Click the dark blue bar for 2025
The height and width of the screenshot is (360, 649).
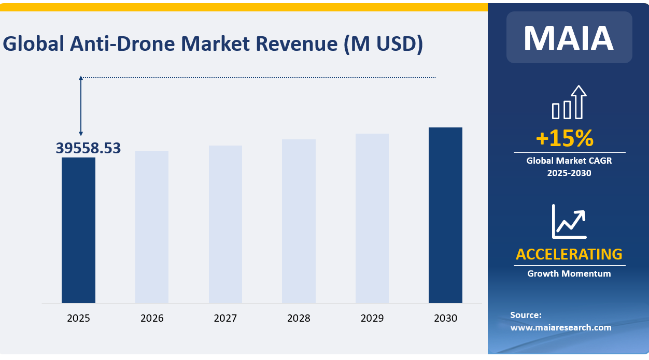pyautogui.click(x=78, y=230)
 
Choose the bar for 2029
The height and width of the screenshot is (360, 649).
pyautogui.click(x=372, y=218)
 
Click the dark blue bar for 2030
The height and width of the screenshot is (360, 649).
pyautogui.click(x=445, y=215)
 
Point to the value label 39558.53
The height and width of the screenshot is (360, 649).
pyautogui.click(x=88, y=148)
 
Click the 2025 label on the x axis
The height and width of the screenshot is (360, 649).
pyautogui.click(x=78, y=318)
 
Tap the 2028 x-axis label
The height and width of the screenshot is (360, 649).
pyautogui.click(x=299, y=318)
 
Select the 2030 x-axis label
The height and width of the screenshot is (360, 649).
pyautogui.click(x=445, y=318)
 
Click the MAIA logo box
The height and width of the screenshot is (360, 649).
pyautogui.click(x=569, y=37)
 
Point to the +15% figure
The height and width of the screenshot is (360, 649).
pyautogui.click(x=564, y=138)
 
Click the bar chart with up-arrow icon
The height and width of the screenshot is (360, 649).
pyautogui.click(x=569, y=103)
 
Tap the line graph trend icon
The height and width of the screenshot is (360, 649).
pyautogui.click(x=569, y=221)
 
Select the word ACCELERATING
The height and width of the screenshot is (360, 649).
pyautogui.click(x=569, y=254)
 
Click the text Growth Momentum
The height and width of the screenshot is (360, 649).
pyautogui.click(x=569, y=273)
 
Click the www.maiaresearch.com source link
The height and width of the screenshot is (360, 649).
pyautogui.click(x=560, y=327)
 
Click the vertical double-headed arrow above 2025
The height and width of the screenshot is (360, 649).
pyautogui.click(x=81, y=106)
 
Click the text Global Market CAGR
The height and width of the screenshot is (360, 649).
pyautogui.click(x=569, y=161)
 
